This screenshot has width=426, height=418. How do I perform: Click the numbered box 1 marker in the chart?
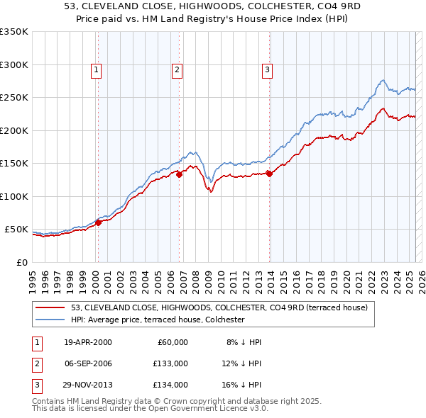click(96, 69)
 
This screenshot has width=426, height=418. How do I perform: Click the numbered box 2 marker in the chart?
click(177, 69)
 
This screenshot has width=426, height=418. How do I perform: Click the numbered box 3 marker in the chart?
click(267, 69)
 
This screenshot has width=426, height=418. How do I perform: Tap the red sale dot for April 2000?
click(99, 222)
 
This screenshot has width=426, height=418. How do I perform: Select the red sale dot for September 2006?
click(179, 175)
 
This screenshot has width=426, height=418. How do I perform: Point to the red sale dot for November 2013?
click(270, 174)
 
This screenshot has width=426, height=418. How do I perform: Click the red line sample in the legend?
click(51, 308)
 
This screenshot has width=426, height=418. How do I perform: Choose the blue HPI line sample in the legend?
click(51, 320)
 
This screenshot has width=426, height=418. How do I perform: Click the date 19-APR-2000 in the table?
click(87, 342)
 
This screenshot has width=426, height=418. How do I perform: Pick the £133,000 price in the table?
click(170, 363)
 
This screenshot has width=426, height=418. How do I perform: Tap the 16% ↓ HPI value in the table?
click(242, 385)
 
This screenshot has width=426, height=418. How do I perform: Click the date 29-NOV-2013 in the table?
click(87, 385)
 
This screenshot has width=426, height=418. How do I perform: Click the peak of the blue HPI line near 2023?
click(382, 80)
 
